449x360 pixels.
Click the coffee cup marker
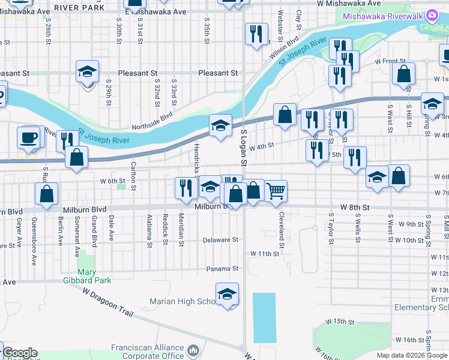[29, 137]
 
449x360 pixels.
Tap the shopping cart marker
[276, 191]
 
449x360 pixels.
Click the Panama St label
[222, 268]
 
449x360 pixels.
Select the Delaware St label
[220, 239]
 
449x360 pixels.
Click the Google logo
[20, 353]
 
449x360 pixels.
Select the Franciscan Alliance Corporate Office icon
[193, 350]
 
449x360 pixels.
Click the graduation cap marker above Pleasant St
[88, 72]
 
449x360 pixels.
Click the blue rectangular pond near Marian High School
[264, 317]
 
